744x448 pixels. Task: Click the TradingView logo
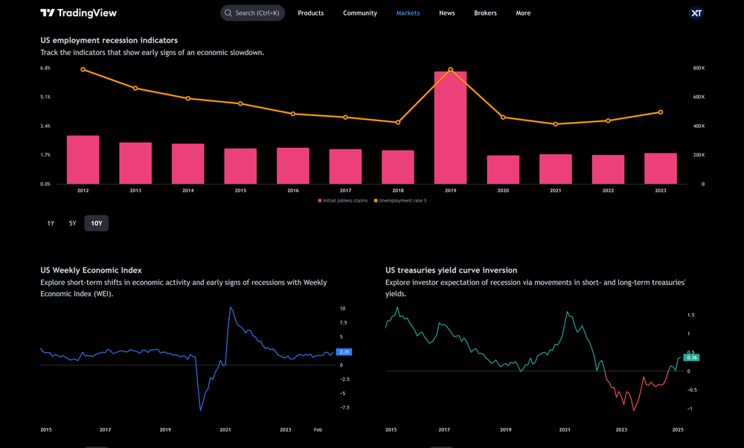(x=78, y=13)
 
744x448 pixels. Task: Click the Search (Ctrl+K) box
(x=252, y=13)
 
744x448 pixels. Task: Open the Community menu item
(x=359, y=13)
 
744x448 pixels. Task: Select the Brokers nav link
(x=485, y=13)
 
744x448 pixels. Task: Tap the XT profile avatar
(x=696, y=13)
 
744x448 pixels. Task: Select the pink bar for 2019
(x=451, y=127)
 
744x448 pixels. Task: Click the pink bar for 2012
(x=83, y=159)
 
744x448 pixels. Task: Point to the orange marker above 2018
(x=398, y=122)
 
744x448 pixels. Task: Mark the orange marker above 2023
(x=660, y=112)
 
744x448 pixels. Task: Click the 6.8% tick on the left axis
(x=45, y=68)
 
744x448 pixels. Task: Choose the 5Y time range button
(x=72, y=223)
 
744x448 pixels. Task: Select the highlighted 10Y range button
(x=96, y=223)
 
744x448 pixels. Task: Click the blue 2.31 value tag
(x=344, y=351)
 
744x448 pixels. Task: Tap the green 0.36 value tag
(x=692, y=358)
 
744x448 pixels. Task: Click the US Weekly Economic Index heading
(x=91, y=270)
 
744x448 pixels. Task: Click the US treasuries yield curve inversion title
(x=451, y=270)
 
